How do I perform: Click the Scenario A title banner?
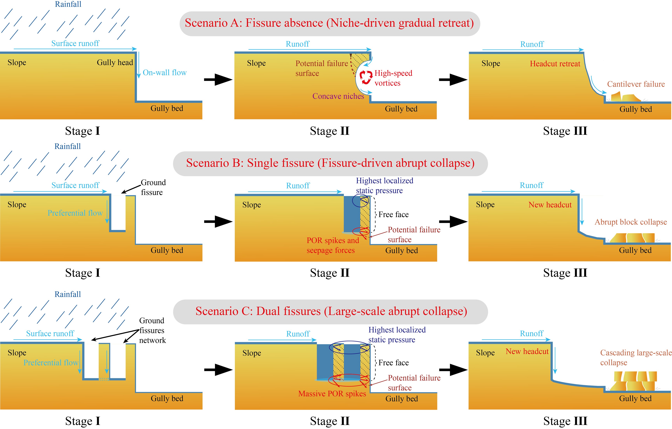[330, 23]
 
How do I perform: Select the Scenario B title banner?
[330, 164]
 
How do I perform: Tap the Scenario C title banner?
[330, 312]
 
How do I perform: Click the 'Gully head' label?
[115, 63]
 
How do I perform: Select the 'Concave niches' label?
[338, 96]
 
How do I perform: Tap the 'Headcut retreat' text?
[555, 64]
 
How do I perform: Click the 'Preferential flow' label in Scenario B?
[75, 213]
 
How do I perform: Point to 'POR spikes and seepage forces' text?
[333, 245]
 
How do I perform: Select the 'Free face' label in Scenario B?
[393, 214]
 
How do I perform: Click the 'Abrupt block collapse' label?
[631, 222]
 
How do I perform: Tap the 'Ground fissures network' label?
[152, 330]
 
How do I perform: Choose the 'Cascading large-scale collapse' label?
[636, 358]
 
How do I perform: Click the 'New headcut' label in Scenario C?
[527, 352]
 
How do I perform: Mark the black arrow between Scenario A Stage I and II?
[218, 80]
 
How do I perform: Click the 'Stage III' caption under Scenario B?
[565, 273]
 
